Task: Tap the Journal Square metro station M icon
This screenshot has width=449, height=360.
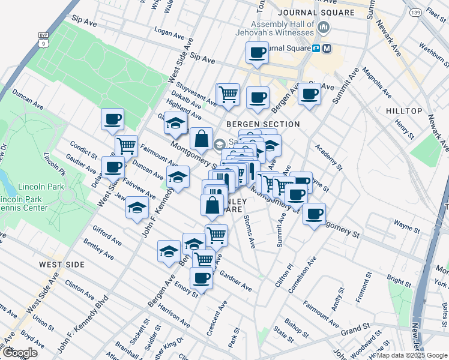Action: click(x=327, y=48)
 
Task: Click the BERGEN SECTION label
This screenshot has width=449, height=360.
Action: click(x=262, y=124)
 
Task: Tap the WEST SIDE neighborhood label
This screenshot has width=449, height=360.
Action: click(x=61, y=265)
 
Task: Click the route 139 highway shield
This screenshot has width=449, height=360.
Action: click(x=415, y=12)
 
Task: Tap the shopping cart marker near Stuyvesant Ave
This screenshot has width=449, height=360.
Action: click(x=228, y=94)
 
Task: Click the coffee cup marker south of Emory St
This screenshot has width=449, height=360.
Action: click(x=201, y=278)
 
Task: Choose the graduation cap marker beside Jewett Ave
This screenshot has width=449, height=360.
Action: click(x=137, y=208)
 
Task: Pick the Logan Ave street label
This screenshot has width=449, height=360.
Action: click(x=169, y=32)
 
